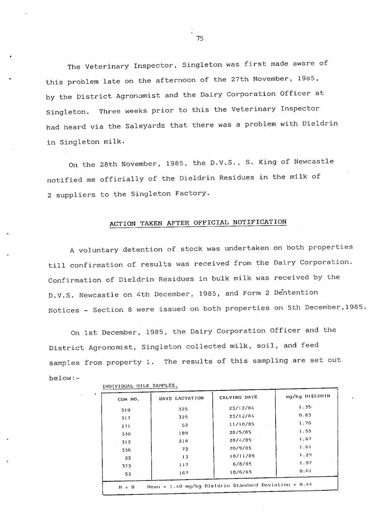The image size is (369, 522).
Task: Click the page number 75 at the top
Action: pyautogui.click(x=200, y=38)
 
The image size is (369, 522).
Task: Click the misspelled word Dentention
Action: pyautogui.click(x=296, y=293)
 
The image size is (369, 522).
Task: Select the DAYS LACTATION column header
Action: pyautogui.click(x=181, y=398)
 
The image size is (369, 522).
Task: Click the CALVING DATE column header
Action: pyautogui.click(x=238, y=397)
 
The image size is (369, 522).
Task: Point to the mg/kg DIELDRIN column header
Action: pyautogui.click(x=308, y=396)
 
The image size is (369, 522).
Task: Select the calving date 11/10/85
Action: pyautogui.click(x=241, y=424)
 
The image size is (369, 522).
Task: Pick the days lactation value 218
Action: pyautogui.click(x=183, y=441)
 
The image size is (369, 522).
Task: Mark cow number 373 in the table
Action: pyautogui.click(x=126, y=466)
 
